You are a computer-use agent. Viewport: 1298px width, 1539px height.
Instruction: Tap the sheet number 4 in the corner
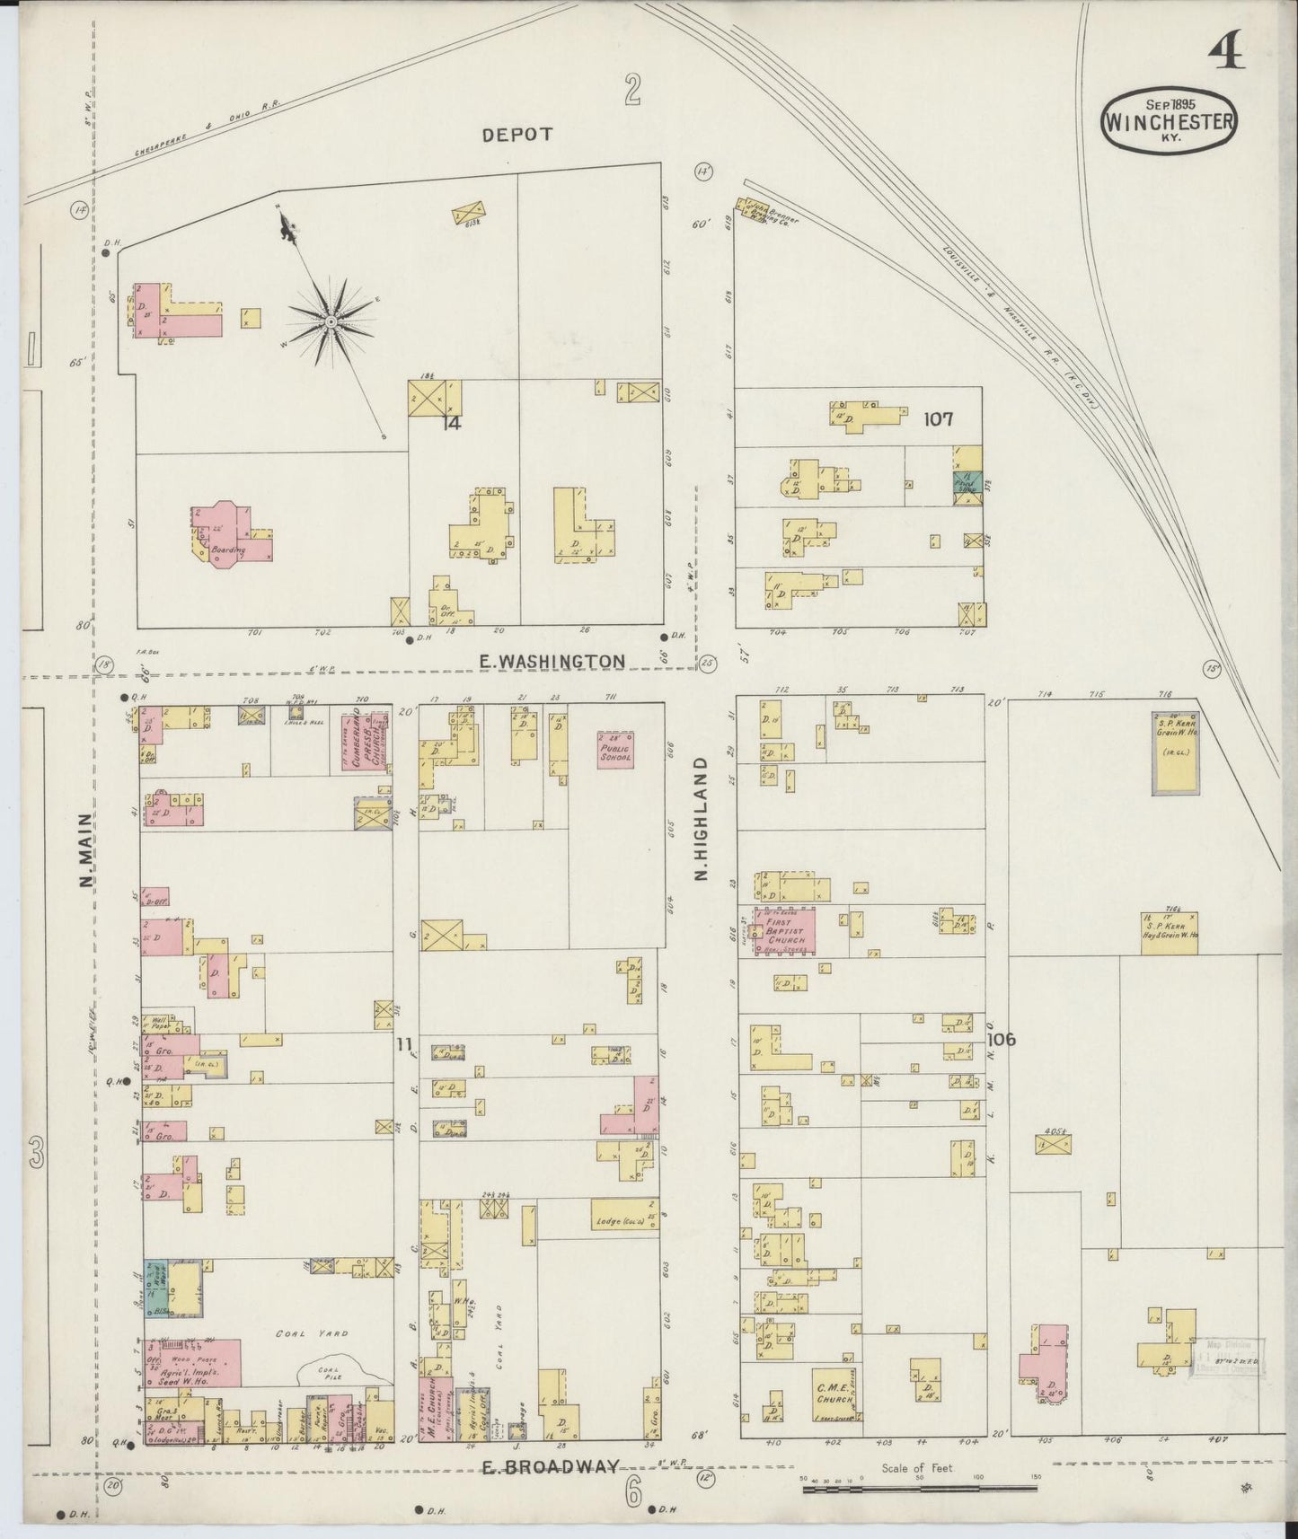click(x=1226, y=55)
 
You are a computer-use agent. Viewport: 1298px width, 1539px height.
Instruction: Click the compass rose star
click(x=331, y=321)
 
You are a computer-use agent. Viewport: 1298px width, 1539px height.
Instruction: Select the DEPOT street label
click(x=517, y=134)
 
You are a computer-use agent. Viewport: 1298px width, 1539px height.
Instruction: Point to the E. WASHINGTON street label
click(x=552, y=661)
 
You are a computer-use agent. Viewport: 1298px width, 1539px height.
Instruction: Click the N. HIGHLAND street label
click(x=702, y=819)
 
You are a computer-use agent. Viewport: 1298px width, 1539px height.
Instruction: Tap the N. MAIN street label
click(x=86, y=849)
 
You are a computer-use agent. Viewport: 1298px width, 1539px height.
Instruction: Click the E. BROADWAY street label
click(x=550, y=1467)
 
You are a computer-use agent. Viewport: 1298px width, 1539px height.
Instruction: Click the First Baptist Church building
click(x=785, y=931)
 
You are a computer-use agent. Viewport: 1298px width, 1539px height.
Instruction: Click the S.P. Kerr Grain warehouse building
click(x=1175, y=753)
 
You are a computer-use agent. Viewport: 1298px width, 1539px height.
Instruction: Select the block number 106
click(x=1001, y=1039)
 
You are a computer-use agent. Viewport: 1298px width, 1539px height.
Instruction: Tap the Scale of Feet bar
click(x=918, y=1488)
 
